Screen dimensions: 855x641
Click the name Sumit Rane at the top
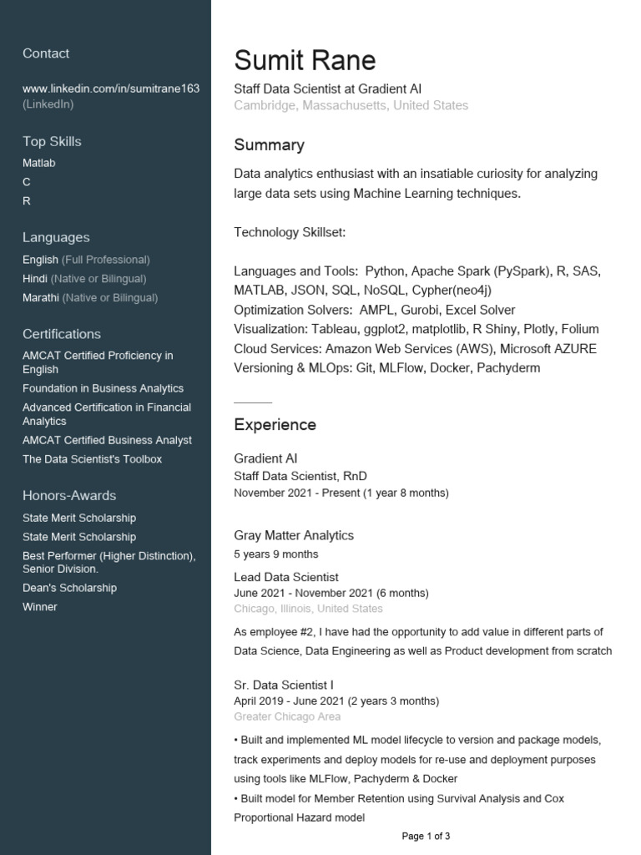[x=305, y=60]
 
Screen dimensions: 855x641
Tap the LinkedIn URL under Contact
[x=111, y=88]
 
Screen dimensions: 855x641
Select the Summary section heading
[x=269, y=145]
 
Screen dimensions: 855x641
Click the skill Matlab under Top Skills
[x=39, y=163]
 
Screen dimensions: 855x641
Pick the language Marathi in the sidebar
[x=41, y=297]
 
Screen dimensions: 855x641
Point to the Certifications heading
[x=62, y=334]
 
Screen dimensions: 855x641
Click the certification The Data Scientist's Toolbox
[x=92, y=459]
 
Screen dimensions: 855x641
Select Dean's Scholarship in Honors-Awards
[x=69, y=588]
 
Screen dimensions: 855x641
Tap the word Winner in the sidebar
[x=40, y=607]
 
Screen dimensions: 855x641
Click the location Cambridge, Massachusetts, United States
[x=351, y=106]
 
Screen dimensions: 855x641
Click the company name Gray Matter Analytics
[x=294, y=535]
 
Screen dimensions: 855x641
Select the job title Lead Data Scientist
[x=286, y=577]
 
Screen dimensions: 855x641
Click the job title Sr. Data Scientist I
[x=284, y=685]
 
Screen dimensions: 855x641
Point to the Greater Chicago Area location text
[x=287, y=716]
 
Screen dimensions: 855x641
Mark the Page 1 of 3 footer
[x=426, y=836]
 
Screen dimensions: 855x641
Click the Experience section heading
[x=275, y=425]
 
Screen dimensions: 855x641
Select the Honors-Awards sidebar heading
[x=69, y=496]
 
